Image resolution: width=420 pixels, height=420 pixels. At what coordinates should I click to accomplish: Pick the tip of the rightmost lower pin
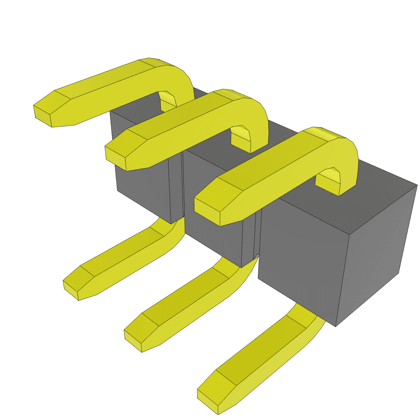pyautogui.click(x=207, y=400)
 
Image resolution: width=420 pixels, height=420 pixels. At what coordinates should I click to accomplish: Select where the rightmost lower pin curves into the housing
pyautogui.click(x=312, y=316)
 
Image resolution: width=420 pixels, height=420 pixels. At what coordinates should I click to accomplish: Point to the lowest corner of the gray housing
pyautogui.click(x=336, y=326)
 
